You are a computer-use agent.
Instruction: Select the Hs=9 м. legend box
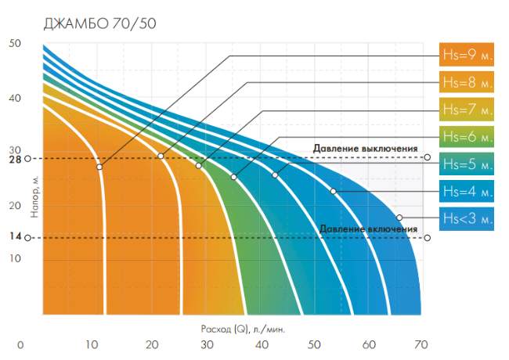click(467, 56)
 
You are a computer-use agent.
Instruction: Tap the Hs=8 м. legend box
click(467, 82)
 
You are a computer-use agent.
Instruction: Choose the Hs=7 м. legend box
click(467, 109)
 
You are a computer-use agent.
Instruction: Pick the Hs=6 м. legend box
click(467, 136)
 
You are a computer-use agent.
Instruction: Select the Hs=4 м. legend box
click(467, 190)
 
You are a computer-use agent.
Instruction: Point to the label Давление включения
click(368, 229)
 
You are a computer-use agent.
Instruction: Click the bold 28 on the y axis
click(15, 159)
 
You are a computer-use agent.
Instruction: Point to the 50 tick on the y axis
click(15, 45)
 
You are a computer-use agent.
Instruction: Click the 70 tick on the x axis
click(421, 344)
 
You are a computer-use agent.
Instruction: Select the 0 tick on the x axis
click(22, 344)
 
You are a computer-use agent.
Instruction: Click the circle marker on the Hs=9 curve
click(99, 167)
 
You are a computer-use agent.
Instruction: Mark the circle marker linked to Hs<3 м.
click(399, 218)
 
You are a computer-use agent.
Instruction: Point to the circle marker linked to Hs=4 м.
click(333, 191)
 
